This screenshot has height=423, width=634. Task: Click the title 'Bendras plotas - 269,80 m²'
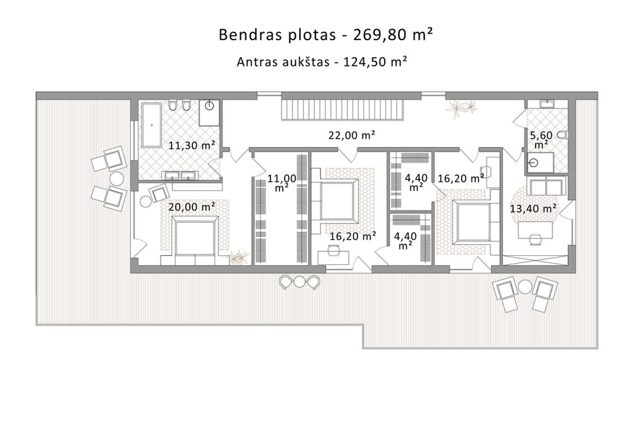326,35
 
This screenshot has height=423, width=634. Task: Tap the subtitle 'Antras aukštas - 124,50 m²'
321,62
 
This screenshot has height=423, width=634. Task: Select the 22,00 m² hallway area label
352,135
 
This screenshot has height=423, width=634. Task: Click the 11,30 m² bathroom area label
191,145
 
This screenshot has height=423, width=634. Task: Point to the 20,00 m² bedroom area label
191,207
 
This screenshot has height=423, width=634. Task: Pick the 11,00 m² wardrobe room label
282,183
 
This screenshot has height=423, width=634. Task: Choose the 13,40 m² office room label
533,209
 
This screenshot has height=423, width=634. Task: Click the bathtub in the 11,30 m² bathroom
152,125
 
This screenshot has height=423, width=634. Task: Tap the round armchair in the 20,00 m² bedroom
160,193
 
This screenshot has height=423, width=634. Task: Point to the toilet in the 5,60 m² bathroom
562,135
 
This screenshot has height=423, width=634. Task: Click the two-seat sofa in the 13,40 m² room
545,186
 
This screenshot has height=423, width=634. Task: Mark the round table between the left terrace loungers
117,179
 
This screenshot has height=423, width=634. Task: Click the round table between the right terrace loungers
525,287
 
